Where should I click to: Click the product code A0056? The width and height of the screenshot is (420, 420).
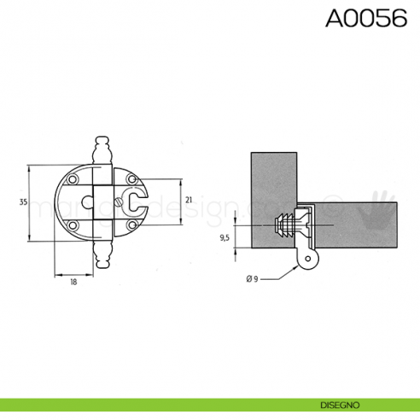(365, 20)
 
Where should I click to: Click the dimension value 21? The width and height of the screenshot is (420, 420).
(189, 201)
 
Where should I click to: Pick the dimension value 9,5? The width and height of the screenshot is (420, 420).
(225, 238)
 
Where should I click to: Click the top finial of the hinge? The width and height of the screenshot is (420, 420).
(103, 148)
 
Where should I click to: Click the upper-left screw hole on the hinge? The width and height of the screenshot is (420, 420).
(74, 180)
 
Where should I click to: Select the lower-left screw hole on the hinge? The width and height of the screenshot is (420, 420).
(74, 225)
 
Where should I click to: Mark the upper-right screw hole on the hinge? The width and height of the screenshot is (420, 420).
(132, 180)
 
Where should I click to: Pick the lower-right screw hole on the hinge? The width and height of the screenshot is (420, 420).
(132, 225)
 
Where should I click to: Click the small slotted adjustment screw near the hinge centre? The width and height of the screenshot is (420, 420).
(118, 202)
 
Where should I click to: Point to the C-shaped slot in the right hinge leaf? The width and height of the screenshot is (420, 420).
(137, 202)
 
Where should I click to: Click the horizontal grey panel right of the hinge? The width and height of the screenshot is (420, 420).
(359, 225)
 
